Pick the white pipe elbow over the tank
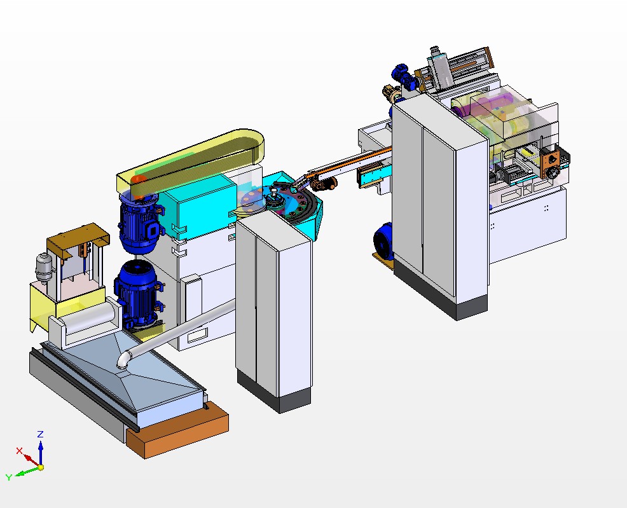(125, 360)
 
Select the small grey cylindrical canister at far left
(43, 266)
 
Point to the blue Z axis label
(40, 434)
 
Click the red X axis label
(19, 451)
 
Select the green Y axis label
(9, 477)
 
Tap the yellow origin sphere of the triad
(40, 467)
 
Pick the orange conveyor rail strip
(347, 159)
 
